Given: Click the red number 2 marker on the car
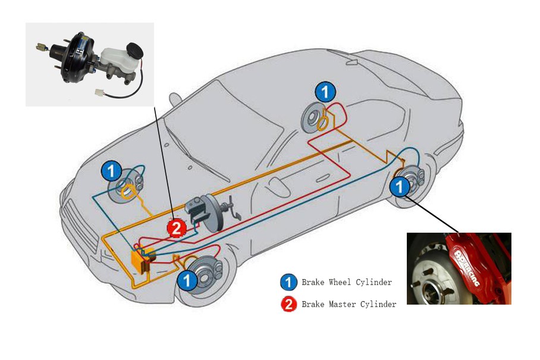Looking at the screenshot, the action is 177,228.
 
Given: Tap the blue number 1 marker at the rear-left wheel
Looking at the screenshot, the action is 400,186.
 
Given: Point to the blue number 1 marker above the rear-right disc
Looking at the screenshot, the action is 325,92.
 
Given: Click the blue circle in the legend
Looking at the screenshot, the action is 288,283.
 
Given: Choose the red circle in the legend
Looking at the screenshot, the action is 288,304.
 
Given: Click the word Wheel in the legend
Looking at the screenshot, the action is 340,282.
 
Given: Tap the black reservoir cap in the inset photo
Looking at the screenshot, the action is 134,51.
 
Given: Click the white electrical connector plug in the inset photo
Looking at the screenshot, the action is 100,92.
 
